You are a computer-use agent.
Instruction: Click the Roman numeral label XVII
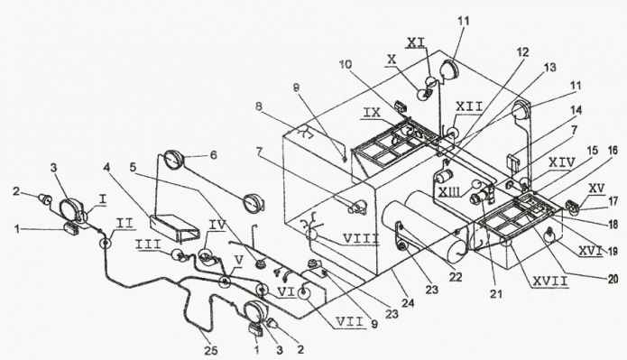(549, 282)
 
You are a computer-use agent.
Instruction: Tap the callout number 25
(211, 351)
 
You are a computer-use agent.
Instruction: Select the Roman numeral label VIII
(361, 239)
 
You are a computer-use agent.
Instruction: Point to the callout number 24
(409, 303)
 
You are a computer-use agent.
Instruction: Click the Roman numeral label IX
(372, 113)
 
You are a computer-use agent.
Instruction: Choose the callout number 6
(213, 155)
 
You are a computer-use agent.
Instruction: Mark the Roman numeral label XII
(469, 106)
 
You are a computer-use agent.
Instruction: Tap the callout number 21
(496, 294)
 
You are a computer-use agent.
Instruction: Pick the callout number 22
(455, 277)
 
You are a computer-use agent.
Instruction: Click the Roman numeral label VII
(350, 321)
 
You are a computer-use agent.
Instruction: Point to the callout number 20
(613, 279)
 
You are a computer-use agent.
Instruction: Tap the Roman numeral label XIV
(562, 162)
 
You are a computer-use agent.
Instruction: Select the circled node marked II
(106, 243)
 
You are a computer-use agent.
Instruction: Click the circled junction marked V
(226, 282)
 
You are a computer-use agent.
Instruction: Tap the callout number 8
(259, 106)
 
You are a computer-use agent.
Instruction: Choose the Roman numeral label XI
(416, 42)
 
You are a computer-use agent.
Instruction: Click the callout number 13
(549, 67)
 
